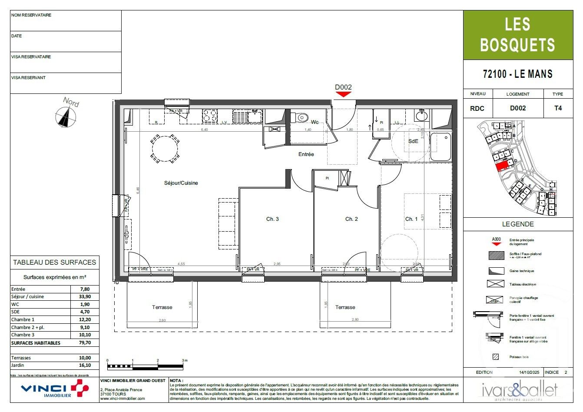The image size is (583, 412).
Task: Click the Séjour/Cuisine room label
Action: pyautogui.click(x=181, y=183)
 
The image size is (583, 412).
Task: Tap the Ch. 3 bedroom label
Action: pyautogui.click(x=272, y=219)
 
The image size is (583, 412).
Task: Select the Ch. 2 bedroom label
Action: pyautogui.click(x=351, y=219)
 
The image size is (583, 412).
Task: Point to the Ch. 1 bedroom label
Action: pyautogui.click(x=411, y=219)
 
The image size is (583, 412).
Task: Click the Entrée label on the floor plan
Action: pyautogui.click(x=306, y=154)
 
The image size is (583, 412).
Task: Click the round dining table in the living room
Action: pyautogui.click(x=165, y=148)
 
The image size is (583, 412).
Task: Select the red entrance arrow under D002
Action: pyautogui.click(x=343, y=95)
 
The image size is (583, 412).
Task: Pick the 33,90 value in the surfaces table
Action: pyautogui.click(x=85, y=297)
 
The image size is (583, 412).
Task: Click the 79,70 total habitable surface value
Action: pyautogui.click(x=85, y=343)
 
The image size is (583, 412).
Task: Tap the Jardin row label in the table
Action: pyautogui.click(x=18, y=365)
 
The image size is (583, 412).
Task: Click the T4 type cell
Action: pyautogui.click(x=557, y=108)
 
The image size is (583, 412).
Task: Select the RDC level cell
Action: pyautogui.click(x=477, y=109)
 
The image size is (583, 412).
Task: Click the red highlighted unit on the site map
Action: pyautogui.click(x=502, y=165)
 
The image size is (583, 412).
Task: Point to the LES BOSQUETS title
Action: pyautogui.click(x=517, y=35)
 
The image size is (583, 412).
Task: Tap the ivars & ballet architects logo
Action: pyautogui.click(x=519, y=390)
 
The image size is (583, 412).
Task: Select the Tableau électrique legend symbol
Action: pyautogui.click(x=496, y=284)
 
